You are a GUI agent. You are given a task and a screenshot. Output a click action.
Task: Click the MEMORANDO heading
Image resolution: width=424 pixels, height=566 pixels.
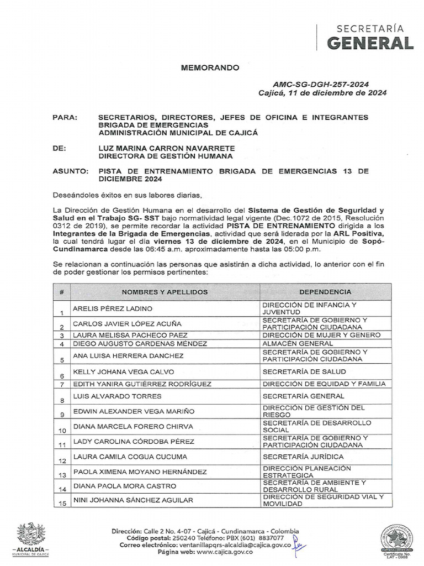(x=210, y=68)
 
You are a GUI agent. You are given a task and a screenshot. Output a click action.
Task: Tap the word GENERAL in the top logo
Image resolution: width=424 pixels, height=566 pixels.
(x=369, y=43)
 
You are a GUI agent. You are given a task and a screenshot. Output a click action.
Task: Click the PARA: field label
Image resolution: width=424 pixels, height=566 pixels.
(x=65, y=118)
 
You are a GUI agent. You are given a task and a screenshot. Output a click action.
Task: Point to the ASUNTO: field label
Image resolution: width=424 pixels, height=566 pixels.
(x=70, y=172)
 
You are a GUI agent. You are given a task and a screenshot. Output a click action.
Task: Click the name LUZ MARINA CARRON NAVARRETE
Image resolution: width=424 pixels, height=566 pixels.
(x=166, y=149)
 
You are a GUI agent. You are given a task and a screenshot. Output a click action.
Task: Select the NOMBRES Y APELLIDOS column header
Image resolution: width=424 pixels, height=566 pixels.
(x=165, y=292)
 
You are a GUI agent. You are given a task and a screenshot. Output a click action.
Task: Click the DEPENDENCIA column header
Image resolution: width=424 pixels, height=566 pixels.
(x=325, y=292)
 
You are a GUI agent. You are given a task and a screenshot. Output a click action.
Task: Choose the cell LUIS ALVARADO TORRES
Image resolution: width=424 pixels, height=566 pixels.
(x=117, y=396)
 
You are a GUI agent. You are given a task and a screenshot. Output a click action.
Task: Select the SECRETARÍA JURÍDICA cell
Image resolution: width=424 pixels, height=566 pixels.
(x=303, y=457)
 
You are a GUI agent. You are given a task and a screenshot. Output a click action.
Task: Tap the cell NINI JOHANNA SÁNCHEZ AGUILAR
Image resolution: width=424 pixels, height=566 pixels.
(x=133, y=500)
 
